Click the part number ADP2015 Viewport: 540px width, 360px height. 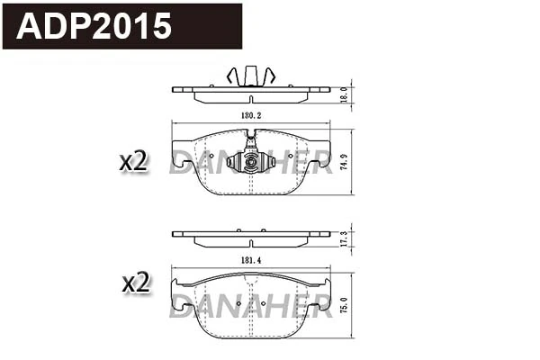(x=95, y=26)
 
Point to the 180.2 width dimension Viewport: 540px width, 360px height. (x=250, y=116)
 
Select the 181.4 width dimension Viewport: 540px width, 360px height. (x=250, y=260)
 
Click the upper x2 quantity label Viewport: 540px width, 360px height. (x=133, y=162)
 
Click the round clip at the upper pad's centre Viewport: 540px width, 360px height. (x=247, y=162)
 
